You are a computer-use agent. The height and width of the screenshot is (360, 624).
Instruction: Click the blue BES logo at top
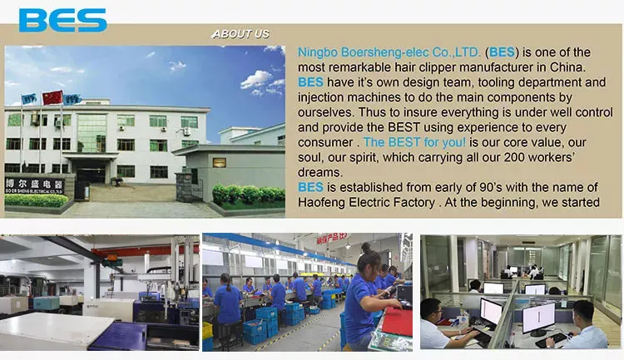63,20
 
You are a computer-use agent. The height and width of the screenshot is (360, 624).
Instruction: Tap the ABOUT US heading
240,34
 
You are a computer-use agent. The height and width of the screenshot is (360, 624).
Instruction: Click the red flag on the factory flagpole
52,97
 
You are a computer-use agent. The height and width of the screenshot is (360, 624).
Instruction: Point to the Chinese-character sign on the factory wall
35,185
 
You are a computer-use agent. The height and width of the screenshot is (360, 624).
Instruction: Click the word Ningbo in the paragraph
318,52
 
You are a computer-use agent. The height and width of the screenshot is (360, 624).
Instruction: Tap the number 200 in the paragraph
515,157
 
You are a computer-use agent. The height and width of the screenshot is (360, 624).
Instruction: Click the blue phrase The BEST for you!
414,142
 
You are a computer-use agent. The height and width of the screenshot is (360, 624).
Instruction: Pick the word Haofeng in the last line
321,203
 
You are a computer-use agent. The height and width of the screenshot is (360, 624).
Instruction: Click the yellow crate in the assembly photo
207,331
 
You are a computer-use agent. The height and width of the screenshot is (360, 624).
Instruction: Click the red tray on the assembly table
397,322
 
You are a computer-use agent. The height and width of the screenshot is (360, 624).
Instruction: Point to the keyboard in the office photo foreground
552,339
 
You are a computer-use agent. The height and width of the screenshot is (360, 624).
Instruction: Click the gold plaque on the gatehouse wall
220,162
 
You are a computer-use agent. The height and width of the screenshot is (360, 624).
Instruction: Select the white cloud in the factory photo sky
257,79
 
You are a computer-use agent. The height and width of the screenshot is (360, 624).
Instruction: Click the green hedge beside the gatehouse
249,195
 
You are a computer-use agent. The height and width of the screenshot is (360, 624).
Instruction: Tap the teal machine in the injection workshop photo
47,303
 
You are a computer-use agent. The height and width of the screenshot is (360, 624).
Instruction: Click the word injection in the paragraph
321,97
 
